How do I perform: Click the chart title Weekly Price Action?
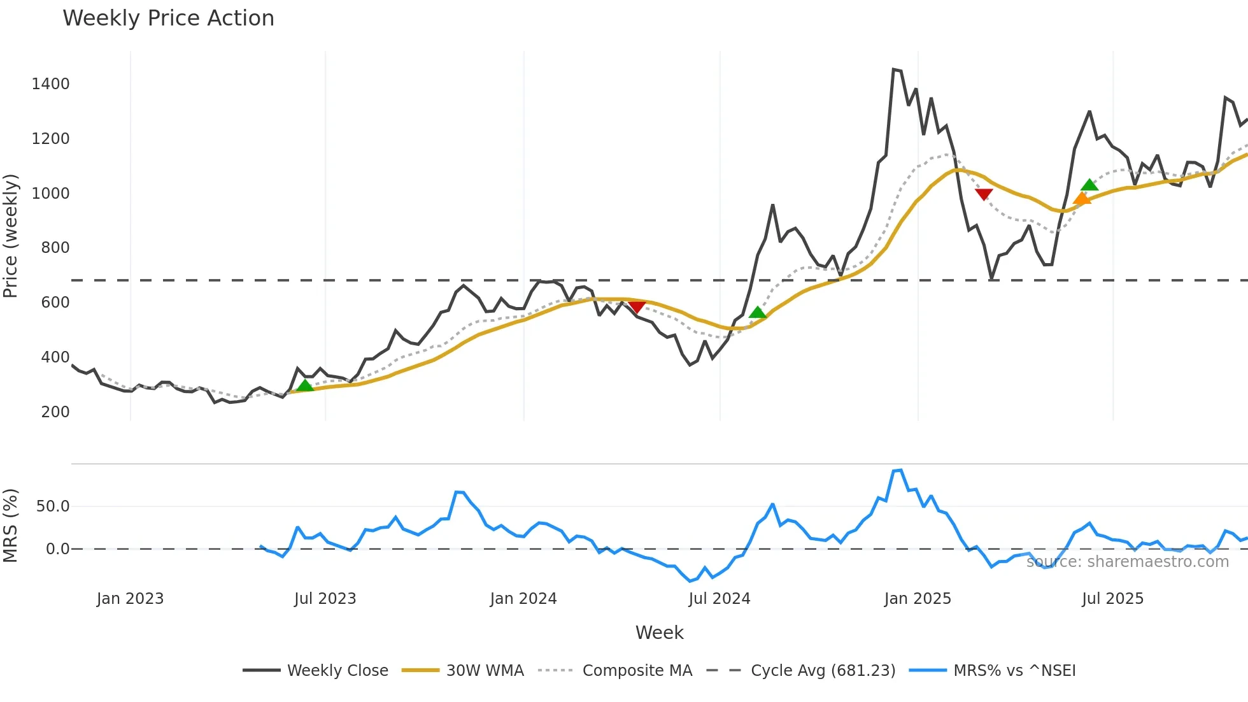(168, 18)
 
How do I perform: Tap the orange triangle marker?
(1082, 199)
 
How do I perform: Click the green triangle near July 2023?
(305, 385)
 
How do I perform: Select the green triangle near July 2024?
(757, 312)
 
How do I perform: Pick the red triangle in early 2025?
(984, 194)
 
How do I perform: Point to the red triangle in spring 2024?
(637, 307)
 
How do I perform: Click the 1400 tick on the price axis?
(50, 84)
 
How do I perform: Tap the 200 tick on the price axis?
(55, 412)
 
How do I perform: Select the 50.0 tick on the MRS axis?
(53, 506)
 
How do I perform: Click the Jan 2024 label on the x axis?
(523, 599)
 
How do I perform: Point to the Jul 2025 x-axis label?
(1112, 599)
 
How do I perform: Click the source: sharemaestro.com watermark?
(1127, 562)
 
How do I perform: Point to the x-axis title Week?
(659, 633)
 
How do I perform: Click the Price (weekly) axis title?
(10, 236)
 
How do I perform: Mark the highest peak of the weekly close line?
(894, 69)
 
